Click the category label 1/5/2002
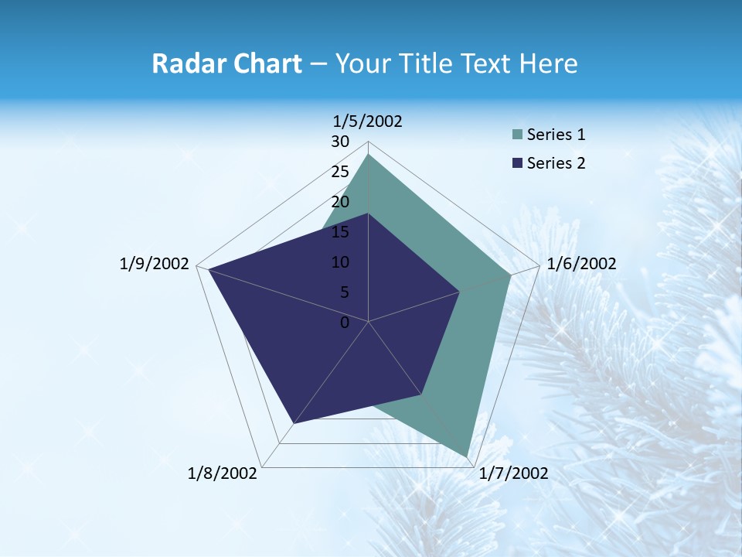click(x=368, y=121)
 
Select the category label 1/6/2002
click(x=581, y=264)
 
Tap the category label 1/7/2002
click(x=513, y=473)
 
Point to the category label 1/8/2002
click(x=223, y=473)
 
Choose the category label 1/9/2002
click(x=155, y=264)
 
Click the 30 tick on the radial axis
click(x=340, y=142)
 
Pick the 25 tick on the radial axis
click(x=340, y=172)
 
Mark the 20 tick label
click(x=340, y=202)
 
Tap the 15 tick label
click(x=340, y=232)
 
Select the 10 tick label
click(x=340, y=262)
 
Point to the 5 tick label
click(x=344, y=292)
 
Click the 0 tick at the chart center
click(x=345, y=323)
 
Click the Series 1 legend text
click(x=556, y=135)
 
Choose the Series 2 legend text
click(x=556, y=163)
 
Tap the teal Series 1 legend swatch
click(x=518, y=135)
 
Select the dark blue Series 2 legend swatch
click(x=518, y=163)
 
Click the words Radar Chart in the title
click(x=226, y=63)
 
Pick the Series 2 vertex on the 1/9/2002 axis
click(x=209, y=269)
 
